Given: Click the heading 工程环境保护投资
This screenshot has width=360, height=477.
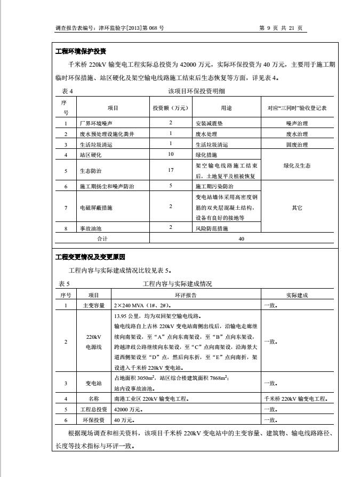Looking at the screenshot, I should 81,51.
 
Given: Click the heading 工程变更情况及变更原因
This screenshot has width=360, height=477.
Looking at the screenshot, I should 90,257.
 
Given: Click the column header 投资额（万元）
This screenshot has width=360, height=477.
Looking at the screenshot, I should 171,108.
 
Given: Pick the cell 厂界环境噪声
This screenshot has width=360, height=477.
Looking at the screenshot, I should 96,123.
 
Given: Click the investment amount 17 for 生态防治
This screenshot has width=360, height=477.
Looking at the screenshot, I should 171,171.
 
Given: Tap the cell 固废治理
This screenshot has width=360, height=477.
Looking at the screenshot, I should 297,145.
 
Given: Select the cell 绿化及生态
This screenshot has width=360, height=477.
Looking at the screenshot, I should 297,166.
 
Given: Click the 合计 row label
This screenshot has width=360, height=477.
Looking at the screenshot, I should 102,239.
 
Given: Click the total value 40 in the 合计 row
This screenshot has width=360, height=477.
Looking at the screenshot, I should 241,239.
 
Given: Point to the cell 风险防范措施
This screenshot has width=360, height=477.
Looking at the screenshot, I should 212,228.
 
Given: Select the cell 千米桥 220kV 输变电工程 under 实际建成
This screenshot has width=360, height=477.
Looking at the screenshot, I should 296,399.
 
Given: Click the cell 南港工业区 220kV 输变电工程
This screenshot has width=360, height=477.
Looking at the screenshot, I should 151,399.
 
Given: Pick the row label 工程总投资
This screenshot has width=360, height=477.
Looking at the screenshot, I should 94,409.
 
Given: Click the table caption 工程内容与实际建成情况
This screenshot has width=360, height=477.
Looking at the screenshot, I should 178,284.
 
